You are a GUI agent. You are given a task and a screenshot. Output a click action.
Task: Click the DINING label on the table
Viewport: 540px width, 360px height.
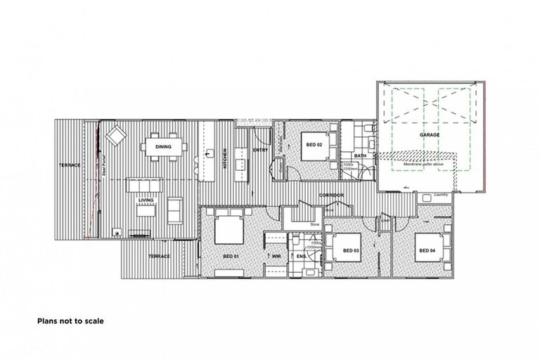(163, 147)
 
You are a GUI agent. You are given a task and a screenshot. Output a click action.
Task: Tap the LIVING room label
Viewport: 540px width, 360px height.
(146, 200)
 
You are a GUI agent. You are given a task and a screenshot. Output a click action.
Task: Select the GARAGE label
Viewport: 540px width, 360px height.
(430, 134)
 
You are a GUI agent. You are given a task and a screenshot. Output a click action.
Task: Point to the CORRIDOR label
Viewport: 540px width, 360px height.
(331, 194)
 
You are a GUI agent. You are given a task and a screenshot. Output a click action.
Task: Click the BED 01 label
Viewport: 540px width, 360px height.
(231, 257)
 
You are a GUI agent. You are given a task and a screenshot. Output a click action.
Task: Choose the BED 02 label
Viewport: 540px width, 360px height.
(314, 145)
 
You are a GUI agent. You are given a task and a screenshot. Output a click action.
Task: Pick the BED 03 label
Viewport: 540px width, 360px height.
(352, 250)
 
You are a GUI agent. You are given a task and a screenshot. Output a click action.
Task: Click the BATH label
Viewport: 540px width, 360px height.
(360, 155)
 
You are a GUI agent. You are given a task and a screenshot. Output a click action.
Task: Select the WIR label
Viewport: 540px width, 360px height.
(276, 257)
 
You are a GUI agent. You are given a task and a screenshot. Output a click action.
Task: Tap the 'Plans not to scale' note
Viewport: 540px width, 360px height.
(70, 321)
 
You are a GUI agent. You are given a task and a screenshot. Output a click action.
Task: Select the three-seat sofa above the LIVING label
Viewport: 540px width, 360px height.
(143, 185)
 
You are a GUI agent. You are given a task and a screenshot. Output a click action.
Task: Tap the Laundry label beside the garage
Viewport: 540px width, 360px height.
(442, 195)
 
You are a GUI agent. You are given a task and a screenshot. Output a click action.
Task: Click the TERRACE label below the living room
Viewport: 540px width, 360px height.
(160, 257)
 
